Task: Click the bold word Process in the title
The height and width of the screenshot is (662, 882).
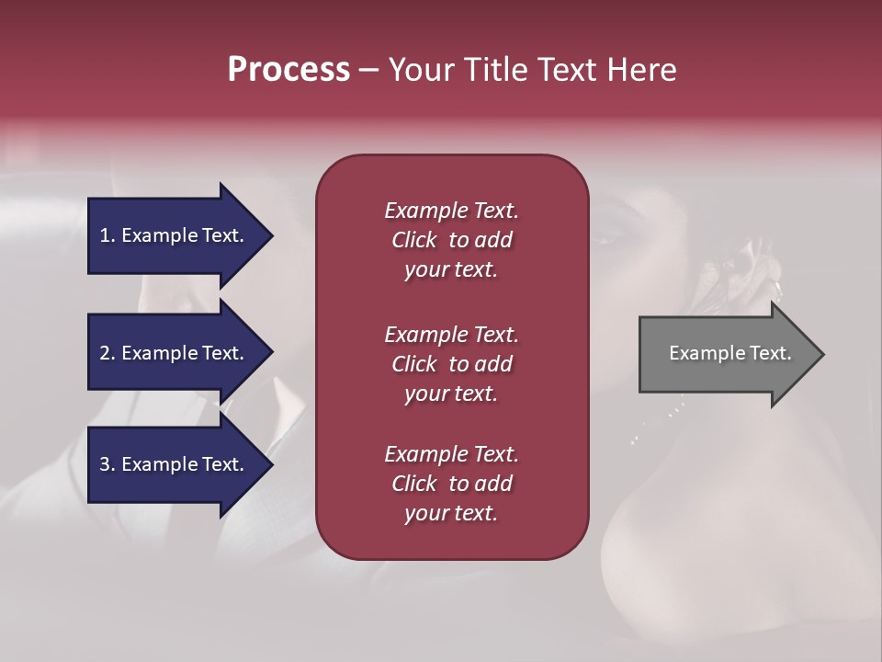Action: pos(288,70)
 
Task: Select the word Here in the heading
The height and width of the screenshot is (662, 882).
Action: pos(642,70)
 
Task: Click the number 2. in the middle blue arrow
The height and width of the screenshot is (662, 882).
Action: pos(107,353)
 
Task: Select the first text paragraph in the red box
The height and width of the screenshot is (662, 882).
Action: pos(451,240)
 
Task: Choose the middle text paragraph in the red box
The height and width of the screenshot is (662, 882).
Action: pos(451,364)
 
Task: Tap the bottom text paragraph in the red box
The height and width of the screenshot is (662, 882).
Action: pos(451,484)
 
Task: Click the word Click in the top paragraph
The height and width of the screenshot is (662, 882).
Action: pos(414,240)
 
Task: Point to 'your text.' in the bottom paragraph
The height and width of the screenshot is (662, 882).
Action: pos(451,513)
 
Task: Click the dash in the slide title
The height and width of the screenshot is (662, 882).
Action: pos(368,71)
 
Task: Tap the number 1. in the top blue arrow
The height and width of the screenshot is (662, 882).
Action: pos(107,235)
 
